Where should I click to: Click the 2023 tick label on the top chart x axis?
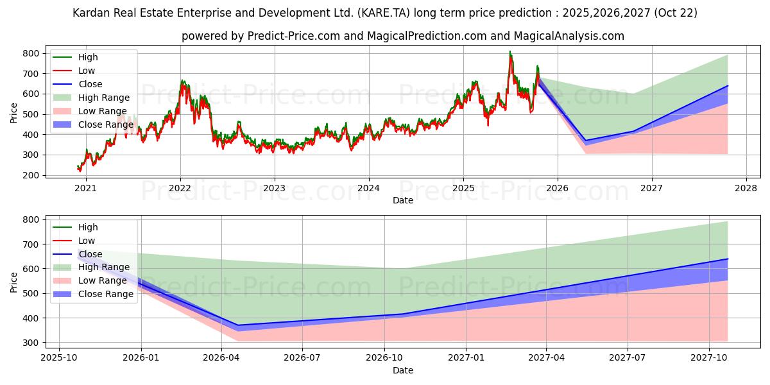click(274, 188)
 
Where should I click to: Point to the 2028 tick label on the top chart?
click(746, 188)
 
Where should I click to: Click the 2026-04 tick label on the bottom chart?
click(221, 358)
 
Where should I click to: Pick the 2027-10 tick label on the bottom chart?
click(709, 358)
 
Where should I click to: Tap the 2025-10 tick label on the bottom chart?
click(59, 358)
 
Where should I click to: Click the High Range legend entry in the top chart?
click(103, 98)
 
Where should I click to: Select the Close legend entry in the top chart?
click(90, 84)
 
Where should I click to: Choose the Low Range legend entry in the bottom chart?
click(103, 280)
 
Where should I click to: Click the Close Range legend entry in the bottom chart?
click(105, 294)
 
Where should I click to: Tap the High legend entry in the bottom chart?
click(88, 227)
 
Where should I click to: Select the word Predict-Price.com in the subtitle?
click(294, 36)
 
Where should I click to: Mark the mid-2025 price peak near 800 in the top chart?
click(510, 52)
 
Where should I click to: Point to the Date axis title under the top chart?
click(402, 200)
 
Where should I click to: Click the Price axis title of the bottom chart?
click(14, 282)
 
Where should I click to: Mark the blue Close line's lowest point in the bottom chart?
click(238, 325)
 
